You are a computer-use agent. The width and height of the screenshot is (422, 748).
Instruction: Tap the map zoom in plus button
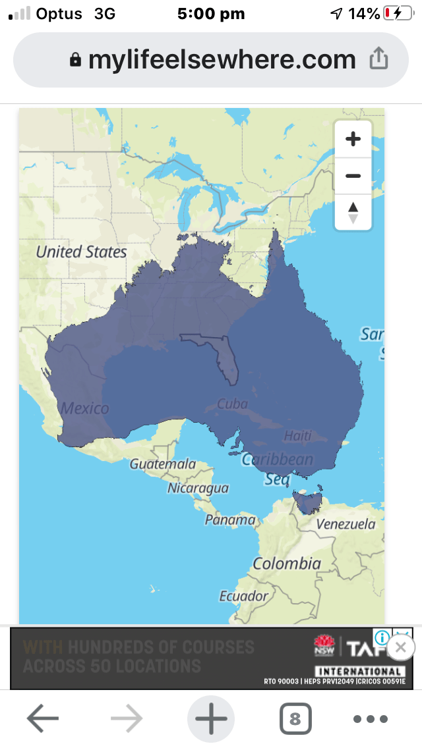pos(353,140)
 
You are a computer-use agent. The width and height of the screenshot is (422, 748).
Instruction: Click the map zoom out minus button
pos(353,176)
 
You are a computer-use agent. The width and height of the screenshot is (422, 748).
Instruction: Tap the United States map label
pos(81,252)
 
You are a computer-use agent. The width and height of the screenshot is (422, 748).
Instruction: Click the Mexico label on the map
pos(85,408)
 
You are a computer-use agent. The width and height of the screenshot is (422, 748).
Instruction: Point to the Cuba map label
pos(232,404)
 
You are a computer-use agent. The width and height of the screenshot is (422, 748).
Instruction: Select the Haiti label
pos(297,435)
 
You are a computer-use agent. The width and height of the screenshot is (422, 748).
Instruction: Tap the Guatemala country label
pos(163,464)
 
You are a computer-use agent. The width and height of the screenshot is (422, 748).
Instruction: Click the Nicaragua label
pos(198,488)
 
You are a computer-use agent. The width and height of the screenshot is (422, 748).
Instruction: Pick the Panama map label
pos(230,520)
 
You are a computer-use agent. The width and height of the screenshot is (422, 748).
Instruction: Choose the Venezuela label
pos(346,524)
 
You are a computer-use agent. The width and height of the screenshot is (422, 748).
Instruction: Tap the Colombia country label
pos(287,564)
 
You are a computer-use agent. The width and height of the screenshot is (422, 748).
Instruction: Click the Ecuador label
pos(244,596)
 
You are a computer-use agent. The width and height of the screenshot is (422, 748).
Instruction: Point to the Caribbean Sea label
pos(278,469)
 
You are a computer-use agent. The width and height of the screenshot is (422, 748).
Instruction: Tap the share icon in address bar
pos(378,60)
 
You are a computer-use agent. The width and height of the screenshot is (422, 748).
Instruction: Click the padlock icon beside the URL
pos(76,61)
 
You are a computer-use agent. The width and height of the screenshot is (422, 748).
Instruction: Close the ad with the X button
pos(400,647)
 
